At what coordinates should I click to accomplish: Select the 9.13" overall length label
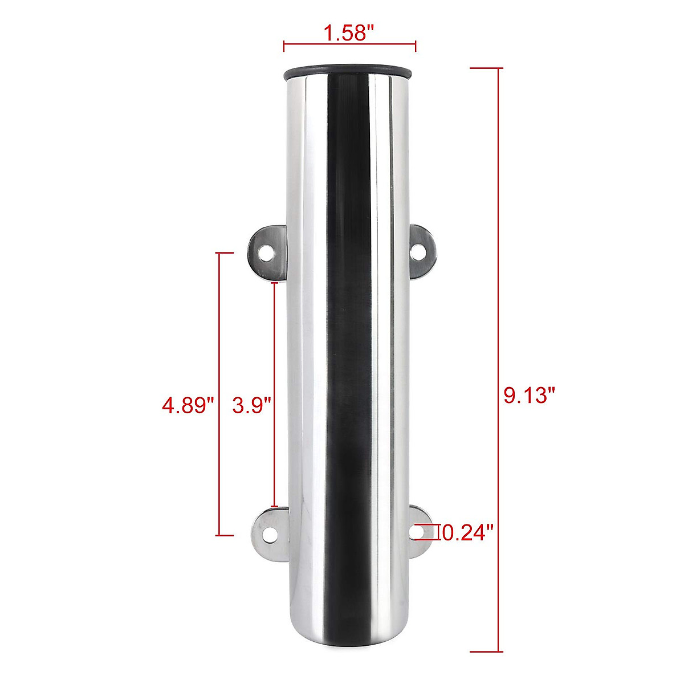pyautogui.click(x=529, y=395)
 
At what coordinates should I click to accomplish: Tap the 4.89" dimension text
pyautogui.click(x=188, y=405)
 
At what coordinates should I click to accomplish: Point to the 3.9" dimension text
pyautogui.click(x=251, y=405)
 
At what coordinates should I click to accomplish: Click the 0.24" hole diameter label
pyautogui.click(x=467, y=533)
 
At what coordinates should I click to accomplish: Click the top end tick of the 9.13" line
pyautogui.click(x=486, y=68)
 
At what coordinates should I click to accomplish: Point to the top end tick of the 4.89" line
pyautogui.click(x=226, y=253)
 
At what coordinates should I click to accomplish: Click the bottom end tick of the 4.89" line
pyautogui.click(x=226, y=535)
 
